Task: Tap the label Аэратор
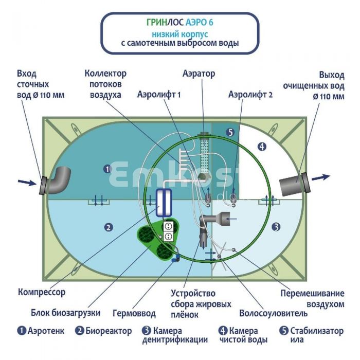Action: pos(199,74)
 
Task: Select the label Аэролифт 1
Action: pos(159,95)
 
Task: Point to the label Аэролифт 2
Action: pos(250,95)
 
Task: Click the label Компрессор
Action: pos(42,292)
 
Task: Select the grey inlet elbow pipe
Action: pos(58,180)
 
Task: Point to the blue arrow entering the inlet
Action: pos(25,181)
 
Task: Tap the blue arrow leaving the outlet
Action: pos(321,177)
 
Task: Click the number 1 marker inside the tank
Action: pos(107,168)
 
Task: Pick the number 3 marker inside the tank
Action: pos(276,226)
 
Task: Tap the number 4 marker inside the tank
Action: pos(262,147)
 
